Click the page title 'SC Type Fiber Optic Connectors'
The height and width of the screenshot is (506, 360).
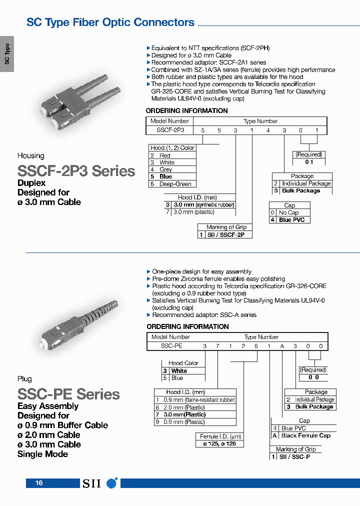point(110,22)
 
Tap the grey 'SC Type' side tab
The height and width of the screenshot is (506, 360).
point(7,54)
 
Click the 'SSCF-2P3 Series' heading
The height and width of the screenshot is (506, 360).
point(76,171)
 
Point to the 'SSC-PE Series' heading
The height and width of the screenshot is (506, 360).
point(68,394)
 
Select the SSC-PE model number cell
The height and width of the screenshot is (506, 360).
point(171,345)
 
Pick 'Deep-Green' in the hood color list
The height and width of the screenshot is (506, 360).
point(175,184)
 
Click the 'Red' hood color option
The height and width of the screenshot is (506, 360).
point(164,155)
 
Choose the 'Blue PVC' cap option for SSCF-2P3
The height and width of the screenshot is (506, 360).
point(291,220)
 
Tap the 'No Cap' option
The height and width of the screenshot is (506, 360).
point(288,212)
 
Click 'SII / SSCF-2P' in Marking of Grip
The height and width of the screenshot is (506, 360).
point(225,234)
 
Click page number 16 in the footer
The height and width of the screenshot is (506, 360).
point(39,483)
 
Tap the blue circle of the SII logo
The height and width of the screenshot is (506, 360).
point(112,483)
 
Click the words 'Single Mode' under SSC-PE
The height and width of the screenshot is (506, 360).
point(42,454)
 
